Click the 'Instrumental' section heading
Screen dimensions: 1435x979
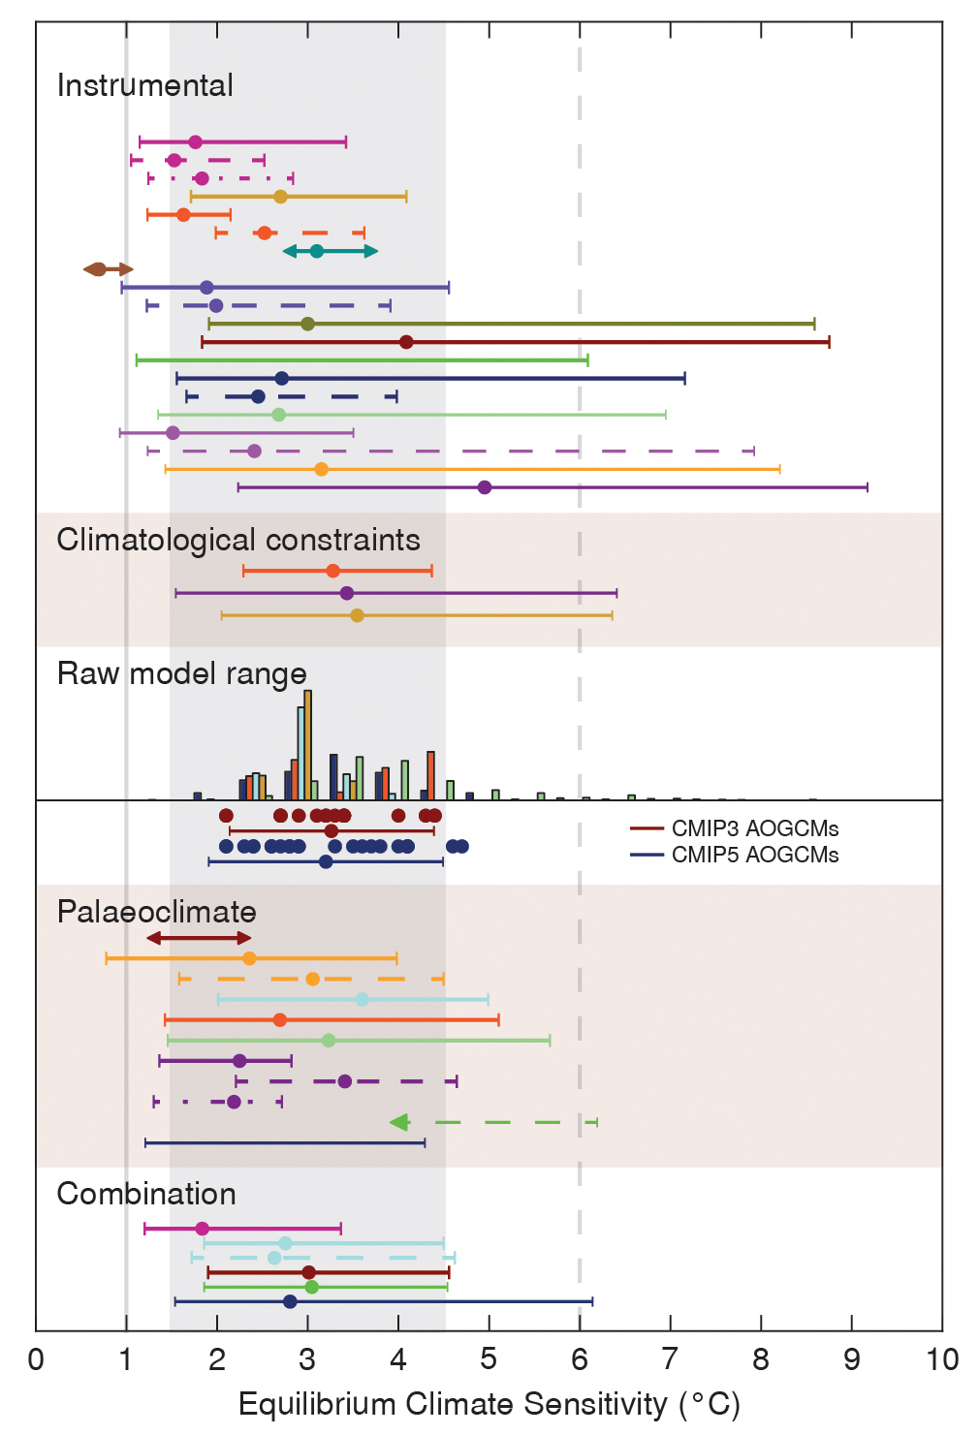point(145,85)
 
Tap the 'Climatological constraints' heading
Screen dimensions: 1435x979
point(238,540)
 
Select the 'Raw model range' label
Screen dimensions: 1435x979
point(182,673)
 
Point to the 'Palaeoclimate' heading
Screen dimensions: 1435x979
point(157,912)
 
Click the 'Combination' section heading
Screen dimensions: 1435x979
point(146,1194)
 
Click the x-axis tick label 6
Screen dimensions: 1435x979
point(580,1360)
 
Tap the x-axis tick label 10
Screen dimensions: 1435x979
point(942,1360)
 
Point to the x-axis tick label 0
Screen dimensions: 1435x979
point(36,1360)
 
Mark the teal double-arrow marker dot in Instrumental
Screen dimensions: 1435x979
point(316,252)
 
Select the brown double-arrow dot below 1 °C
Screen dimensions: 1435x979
point(98,269)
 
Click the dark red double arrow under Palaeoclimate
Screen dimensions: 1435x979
point(199,938)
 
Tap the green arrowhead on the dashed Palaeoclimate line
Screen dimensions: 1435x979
point(398,1122)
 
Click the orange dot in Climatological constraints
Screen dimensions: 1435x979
point(332,571)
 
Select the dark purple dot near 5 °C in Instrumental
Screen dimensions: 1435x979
point(485,487)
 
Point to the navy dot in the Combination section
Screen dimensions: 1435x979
point(290,1301)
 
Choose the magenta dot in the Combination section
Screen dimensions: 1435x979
point(202,1229)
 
